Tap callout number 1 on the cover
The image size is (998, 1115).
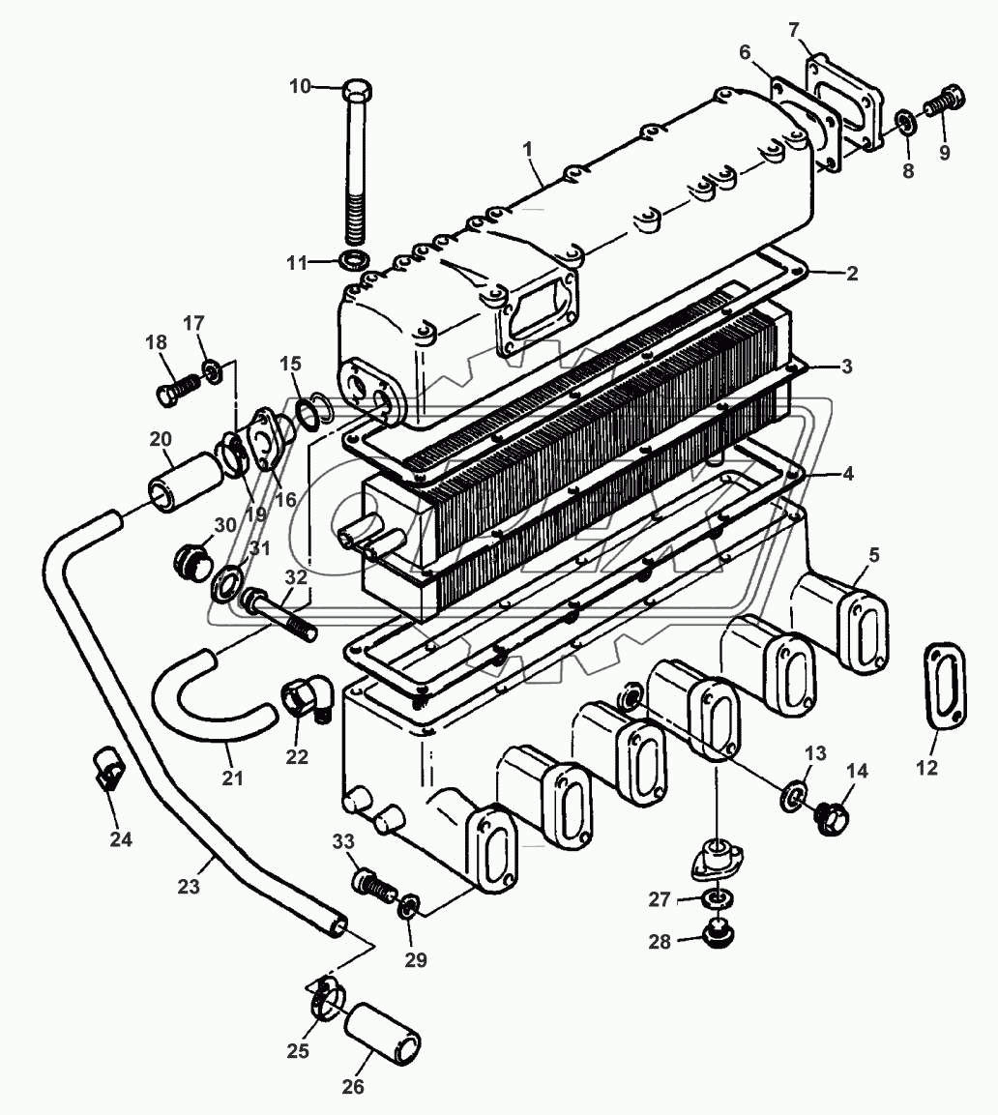coord(528,150)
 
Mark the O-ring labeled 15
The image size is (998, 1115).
coord(309,414)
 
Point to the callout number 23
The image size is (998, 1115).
coord(189,884)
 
